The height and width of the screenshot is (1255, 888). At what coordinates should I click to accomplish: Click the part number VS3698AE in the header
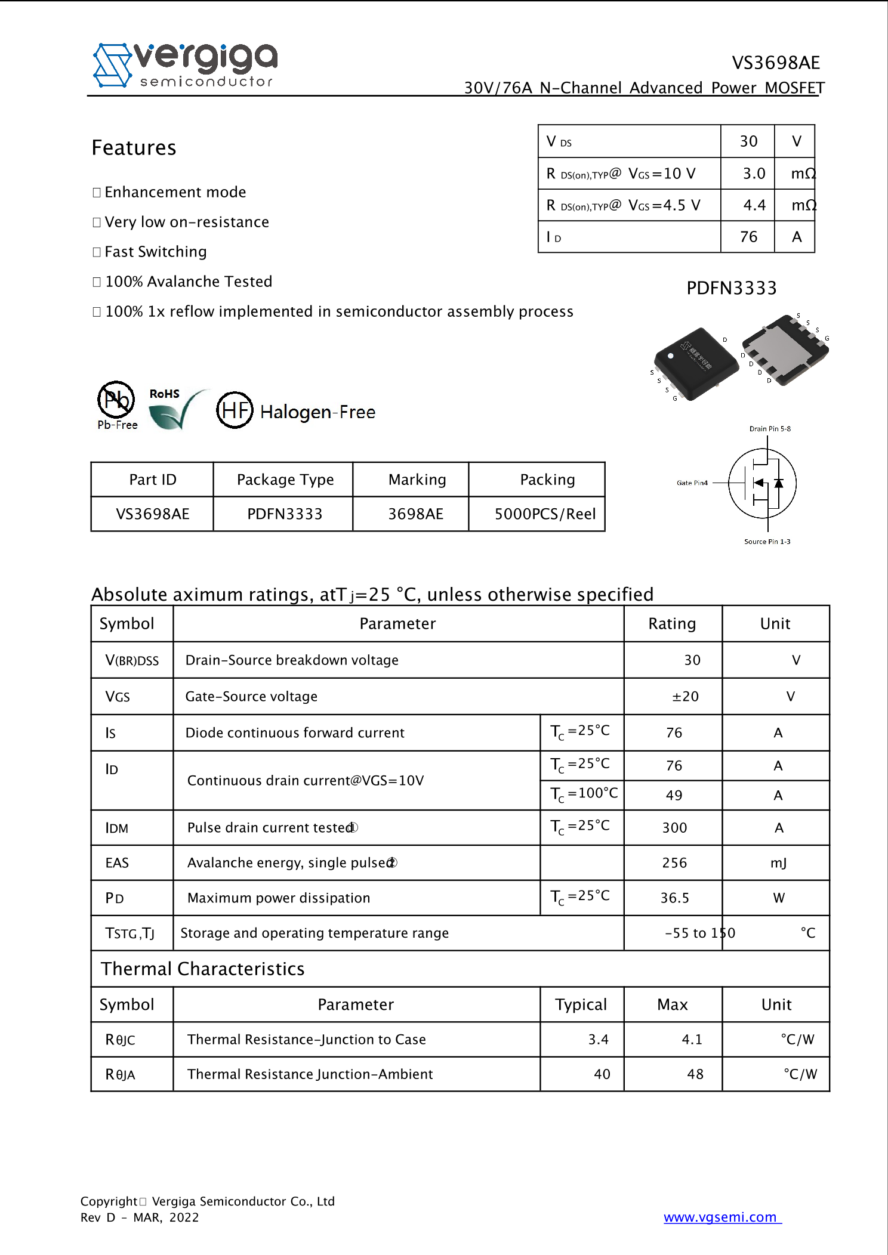click(x=775, y=63)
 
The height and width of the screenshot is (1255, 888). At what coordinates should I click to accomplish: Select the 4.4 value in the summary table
click(x=754, y=205)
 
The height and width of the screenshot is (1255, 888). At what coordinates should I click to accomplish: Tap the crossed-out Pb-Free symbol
click(x=116, y=400)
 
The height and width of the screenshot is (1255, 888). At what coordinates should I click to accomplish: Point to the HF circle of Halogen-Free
click(x=235, y=410)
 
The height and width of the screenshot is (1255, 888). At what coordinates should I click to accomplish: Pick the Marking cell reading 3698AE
click(x=416, y=514)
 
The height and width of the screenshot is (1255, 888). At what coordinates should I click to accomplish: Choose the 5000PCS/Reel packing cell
click(x=545, y=514)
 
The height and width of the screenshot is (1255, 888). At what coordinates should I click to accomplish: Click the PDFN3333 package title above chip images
click(x=732, y=288)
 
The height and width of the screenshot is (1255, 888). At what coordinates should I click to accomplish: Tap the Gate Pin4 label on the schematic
click(x=692, y=483)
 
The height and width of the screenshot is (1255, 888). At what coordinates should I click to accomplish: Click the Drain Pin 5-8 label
click(x=770, y=428)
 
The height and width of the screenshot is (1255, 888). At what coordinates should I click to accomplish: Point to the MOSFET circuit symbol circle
click(x=763, y=483)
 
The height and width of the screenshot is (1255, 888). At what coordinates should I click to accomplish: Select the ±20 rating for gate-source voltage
click(x=685, y=696)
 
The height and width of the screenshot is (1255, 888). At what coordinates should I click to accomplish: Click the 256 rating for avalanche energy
click(x=674, y=863)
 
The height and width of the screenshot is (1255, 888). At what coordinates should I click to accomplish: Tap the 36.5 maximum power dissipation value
click(x=674, y=898)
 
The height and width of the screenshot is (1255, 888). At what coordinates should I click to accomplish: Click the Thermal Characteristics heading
click(x=202, y=969)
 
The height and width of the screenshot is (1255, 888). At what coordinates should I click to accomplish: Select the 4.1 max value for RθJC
click(x=692, y=1039)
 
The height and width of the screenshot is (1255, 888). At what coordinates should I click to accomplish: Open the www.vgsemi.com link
click(x=721, y=1217)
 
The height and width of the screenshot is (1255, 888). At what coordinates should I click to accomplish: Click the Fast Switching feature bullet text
click(x=156, y=252)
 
